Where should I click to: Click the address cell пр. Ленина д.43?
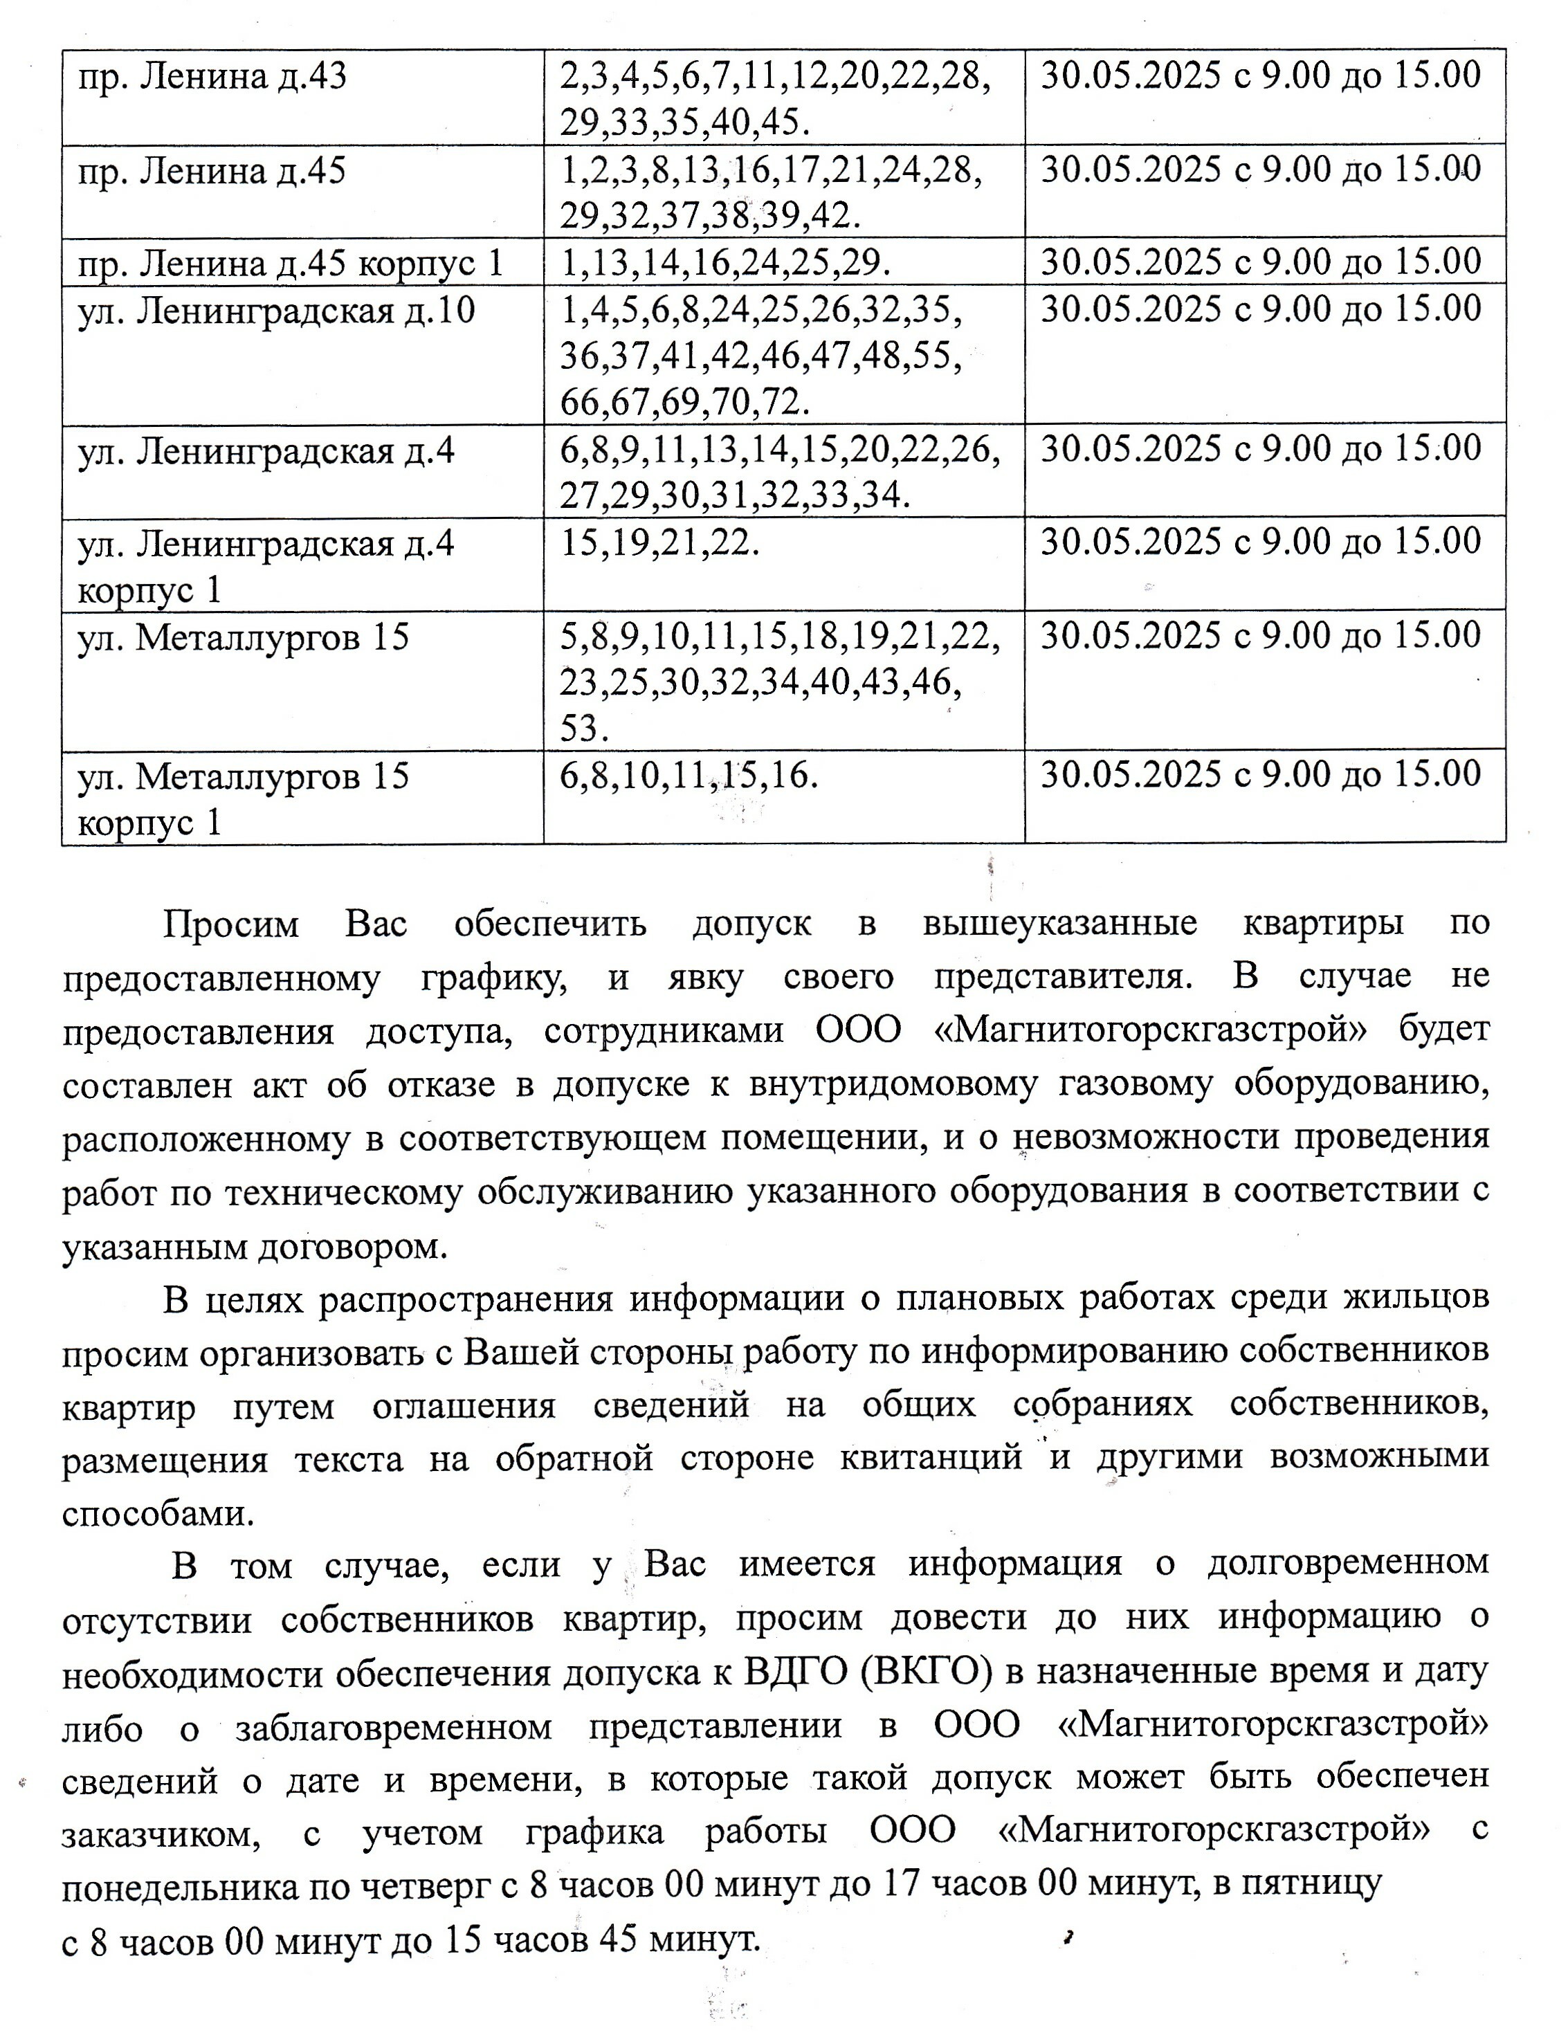coord(212,77)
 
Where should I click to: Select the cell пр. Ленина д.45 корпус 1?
coord(290,263)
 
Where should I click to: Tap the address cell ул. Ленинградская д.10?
coord(276,311)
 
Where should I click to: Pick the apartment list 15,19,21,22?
coord(659,543)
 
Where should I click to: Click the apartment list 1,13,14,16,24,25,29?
coord(722,263)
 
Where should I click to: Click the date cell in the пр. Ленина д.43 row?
coord(1260,77)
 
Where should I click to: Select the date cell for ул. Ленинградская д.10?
coord(1260,311)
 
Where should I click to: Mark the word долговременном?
coord(1348,1563)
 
